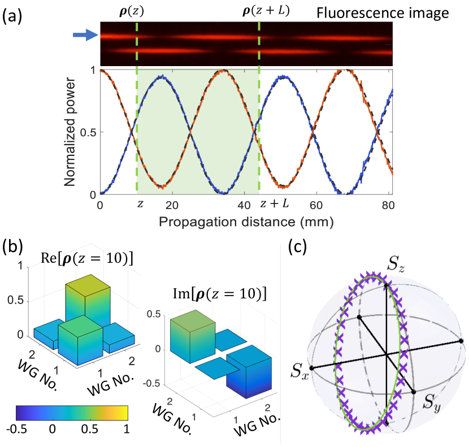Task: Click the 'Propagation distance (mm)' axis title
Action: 246,222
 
